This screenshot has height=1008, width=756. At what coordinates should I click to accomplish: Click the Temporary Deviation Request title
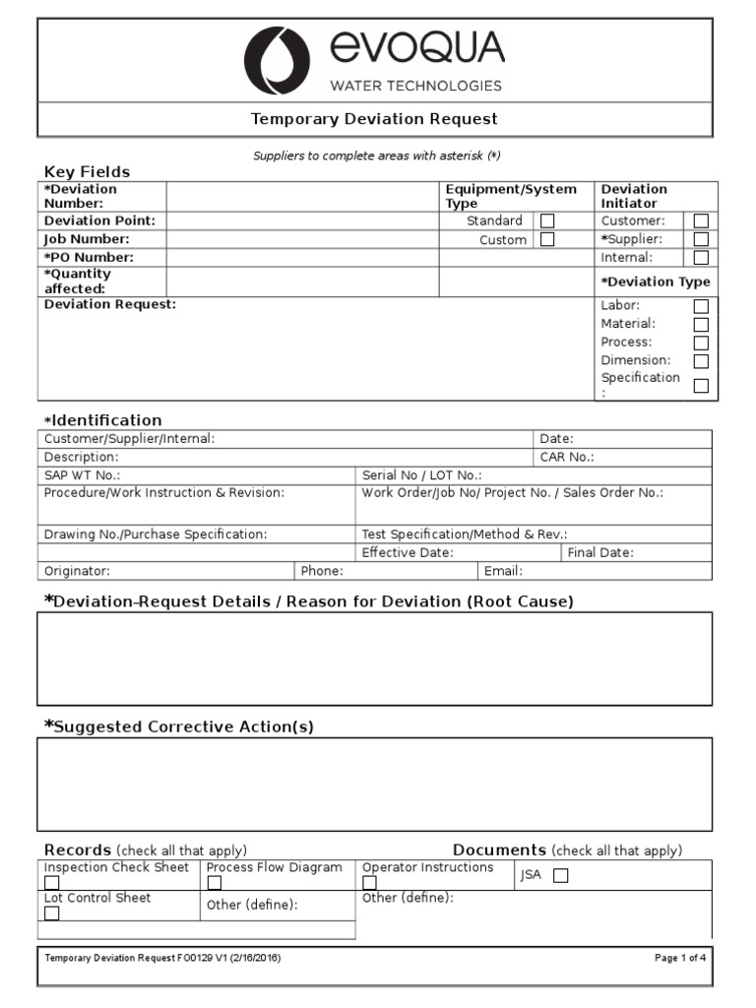coord(374,119)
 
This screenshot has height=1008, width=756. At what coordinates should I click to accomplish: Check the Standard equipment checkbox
coord(547,221)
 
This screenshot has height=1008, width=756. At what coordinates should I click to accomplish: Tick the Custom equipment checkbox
coord(547,239)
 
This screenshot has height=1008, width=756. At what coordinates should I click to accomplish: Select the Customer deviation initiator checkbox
coord(701,221)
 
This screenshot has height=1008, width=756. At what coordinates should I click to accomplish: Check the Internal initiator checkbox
coord(701,258)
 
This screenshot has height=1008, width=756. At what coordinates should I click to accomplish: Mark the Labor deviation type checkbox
coord(701,306)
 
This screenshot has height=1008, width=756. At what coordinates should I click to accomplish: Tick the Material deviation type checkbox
coord(701,324)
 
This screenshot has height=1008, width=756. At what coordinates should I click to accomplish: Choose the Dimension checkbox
coord(701,361)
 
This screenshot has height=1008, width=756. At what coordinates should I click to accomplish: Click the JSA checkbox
coord(560,876)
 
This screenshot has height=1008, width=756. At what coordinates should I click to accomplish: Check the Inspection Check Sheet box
coord(51,883)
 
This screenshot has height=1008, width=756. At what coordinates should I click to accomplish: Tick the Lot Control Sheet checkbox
coord(51,913)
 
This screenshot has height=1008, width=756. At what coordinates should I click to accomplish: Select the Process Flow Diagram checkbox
coord(214,883)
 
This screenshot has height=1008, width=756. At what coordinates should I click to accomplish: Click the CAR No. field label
coord(567,457)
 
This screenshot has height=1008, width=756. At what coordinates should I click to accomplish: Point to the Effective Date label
coord(408,553)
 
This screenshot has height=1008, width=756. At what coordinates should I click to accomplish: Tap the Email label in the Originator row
coord(503,571)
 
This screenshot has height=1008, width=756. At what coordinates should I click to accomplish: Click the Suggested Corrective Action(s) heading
coord(179,726)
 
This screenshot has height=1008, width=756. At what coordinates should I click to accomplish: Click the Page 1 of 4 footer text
coord(680,957)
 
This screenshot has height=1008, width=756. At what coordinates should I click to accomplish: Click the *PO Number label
coord(89,258)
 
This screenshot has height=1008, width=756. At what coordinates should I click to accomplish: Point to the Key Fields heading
coord(87,171)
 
